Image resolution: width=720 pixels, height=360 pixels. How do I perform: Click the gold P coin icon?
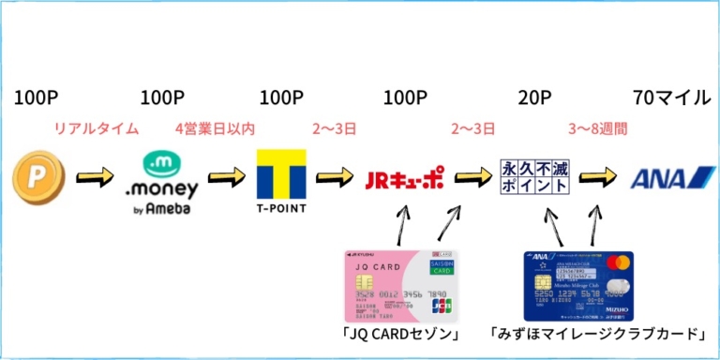[38, 178]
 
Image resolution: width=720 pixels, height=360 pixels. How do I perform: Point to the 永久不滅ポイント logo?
[535, 176]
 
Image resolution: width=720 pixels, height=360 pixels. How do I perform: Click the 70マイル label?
[671, 97]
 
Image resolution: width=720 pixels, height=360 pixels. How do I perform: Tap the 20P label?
[535, 97]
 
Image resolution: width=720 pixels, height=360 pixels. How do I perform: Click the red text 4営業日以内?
[215, 128]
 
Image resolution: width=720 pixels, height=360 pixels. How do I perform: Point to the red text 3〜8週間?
[597, 128]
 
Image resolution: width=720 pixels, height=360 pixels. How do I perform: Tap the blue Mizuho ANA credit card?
[577, 285]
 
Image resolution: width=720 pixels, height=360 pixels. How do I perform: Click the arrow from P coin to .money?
[95, 176]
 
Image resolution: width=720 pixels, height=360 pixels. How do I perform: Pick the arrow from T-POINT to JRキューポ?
[335, 176]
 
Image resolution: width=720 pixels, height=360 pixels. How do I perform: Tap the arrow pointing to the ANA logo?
[597, 176]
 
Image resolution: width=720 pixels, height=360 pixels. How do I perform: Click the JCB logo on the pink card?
[441, 305]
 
